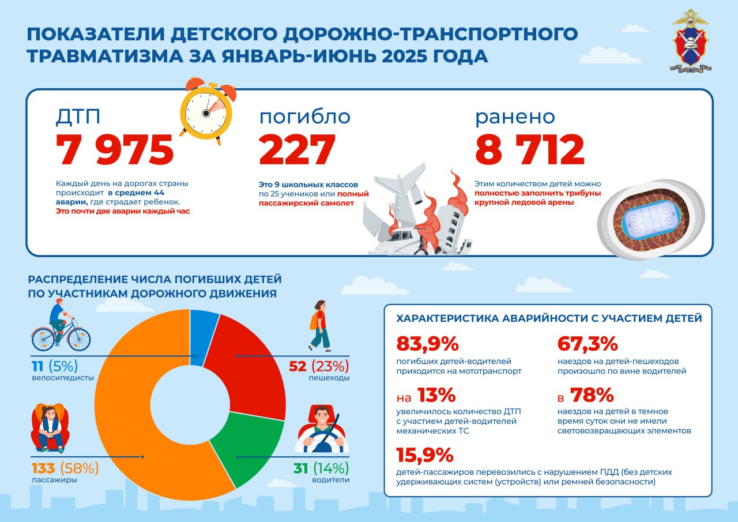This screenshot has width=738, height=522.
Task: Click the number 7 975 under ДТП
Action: point(115,150)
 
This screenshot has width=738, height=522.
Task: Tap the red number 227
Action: point(297,150)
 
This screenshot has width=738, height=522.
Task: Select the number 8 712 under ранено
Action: point(530,150)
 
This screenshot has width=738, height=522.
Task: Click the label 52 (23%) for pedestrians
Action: point(319,366)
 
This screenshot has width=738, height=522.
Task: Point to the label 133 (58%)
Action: point(65,467)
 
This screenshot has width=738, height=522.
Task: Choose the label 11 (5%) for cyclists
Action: point(54,366)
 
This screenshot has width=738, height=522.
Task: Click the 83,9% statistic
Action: point(427,344)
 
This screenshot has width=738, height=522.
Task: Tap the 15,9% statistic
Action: point(425,456)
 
